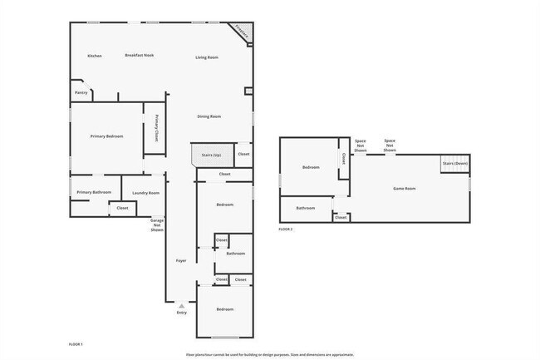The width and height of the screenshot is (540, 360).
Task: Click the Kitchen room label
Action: (95, 56)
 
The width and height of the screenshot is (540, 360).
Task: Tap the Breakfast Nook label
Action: (140, 55)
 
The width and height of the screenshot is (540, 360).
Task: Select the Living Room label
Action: (207, 57)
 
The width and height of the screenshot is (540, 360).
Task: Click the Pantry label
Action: (81, 92)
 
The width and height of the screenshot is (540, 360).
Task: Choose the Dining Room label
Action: (209, 116)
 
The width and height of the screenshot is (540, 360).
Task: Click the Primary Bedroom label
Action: (107, 136)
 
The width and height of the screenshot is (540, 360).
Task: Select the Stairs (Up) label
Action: (211, 155)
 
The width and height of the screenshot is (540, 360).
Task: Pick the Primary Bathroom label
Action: (94, 192)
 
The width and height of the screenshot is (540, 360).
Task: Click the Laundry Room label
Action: (145, 192)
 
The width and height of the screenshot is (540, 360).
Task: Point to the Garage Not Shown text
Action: (156, 224)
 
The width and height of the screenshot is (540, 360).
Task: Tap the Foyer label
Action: (180, 261)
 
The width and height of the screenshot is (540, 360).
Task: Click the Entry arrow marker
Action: (181, 307)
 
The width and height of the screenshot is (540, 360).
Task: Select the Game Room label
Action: (404, 189)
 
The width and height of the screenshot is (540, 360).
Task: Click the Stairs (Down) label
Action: (455, 164)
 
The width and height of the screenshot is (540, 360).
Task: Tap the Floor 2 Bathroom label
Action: (306, 208)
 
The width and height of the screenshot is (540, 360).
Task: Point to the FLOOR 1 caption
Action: (76, 343)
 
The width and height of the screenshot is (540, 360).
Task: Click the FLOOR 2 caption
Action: (286, 228)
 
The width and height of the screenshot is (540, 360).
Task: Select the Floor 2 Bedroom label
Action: (311, 167)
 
